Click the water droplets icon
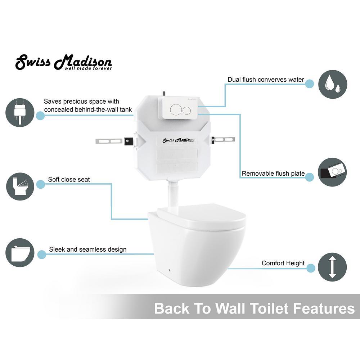coord(332,84)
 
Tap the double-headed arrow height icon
coord(332,267)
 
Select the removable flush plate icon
coord(332,172)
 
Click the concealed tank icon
coord(20,112)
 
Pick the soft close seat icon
coord(20,186)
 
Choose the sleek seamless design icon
coord(20,253)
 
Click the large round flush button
coord(176,109)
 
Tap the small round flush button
coord(186,111)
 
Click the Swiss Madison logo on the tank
coord(178,140)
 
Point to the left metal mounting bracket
coord(114,141)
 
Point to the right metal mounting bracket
coord(223,139)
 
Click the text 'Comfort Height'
coord(283,263)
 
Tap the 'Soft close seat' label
coord(69,180)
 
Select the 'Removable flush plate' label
coord(273,174)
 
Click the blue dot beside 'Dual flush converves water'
coord(310,84)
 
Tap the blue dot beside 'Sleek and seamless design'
coord(41,255)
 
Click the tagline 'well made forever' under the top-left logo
coord(88,68)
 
